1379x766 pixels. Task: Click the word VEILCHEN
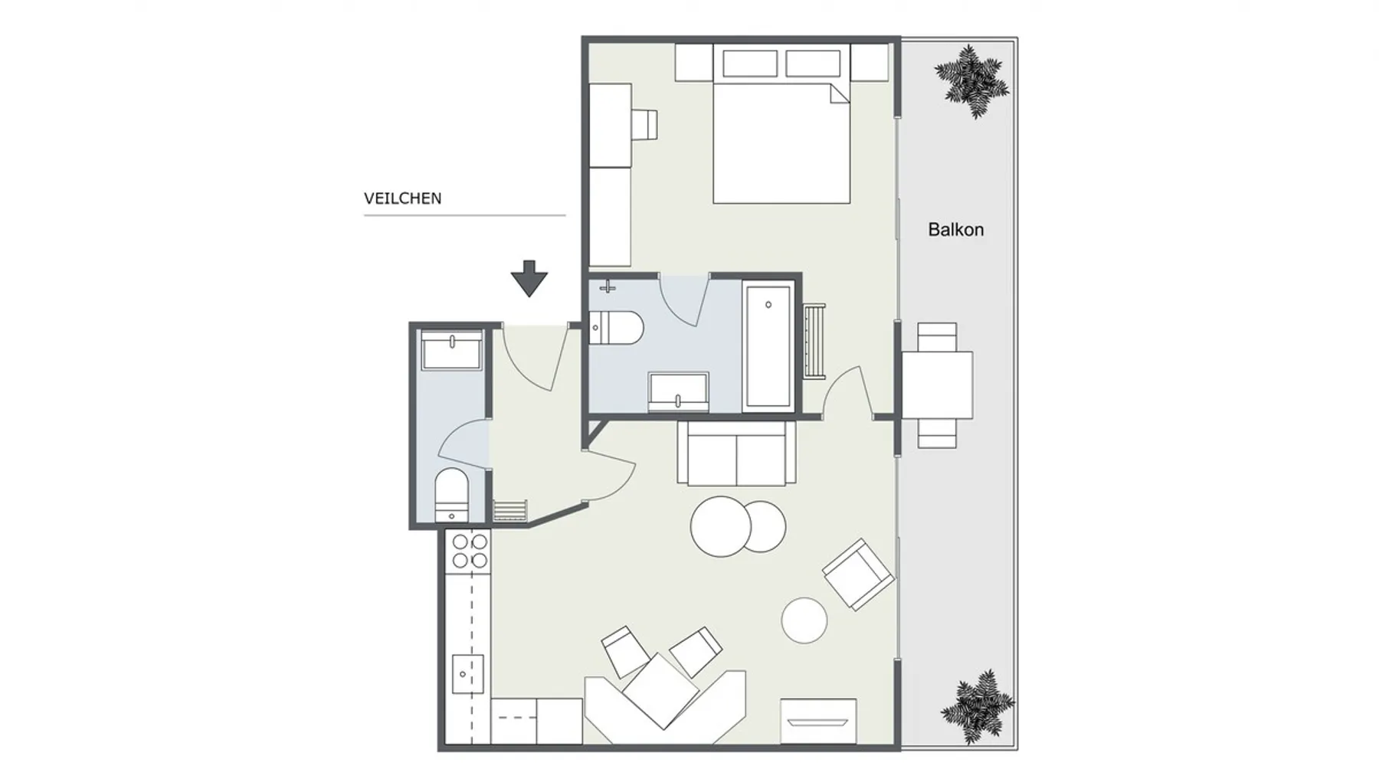tap(402, 198)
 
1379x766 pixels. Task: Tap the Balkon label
tap(955, 229)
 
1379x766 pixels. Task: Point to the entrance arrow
tap(529, 278)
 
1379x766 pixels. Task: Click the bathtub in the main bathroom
tap(768, 346)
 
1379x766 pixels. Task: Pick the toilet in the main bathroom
tap(617, 328)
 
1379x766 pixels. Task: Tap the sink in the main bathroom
tap(679, 391)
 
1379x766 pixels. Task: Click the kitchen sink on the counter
tap(467, 674)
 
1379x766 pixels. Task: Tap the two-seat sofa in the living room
tap(736, 453)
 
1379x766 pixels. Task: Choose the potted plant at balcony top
tap(971, 80)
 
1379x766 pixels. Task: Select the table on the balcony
tap(937, 385)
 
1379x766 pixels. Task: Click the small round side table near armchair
tap(804, 620)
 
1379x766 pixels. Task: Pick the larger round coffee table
tap(721, 526)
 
